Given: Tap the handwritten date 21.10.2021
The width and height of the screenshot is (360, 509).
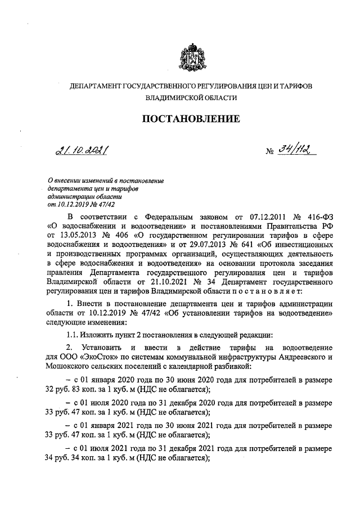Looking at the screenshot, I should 82,150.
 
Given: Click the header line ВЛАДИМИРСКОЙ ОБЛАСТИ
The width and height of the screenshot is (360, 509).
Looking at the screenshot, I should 190,98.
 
